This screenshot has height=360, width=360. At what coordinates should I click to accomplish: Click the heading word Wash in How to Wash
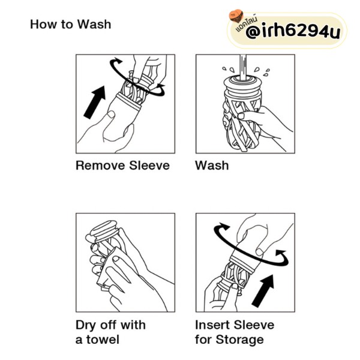pyautogui.click(x=94, y=25)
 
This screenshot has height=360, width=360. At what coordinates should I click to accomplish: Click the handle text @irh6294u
pyautogui.click(x=293, y=31)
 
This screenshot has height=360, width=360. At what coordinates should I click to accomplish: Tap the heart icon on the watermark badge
pyautogui.click(x=236, y=16)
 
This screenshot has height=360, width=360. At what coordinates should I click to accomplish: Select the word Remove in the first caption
pyautogui.click(x=100, y=166)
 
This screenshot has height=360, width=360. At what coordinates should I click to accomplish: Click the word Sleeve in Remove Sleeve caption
pyautogui.click(x=149, y=166)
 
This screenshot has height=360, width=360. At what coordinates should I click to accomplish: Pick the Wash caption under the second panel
pyautogui.click(x=212, y=166)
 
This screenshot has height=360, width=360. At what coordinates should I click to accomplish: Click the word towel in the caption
pyautogui.click(x=103, y=340)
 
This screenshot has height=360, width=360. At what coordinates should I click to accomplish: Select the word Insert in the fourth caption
pyautogui.click(x=212, y=325)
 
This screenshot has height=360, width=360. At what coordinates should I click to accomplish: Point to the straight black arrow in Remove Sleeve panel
pyautogui.click(x=95, y=102)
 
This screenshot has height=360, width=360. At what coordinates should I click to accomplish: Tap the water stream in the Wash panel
pyautogui.click(x=244, y=67)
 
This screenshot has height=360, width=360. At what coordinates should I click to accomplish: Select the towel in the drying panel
pyautogui.click(x=110, y=267)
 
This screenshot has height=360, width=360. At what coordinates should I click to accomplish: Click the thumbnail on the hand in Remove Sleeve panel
pyautogui.click(x=112, y=114)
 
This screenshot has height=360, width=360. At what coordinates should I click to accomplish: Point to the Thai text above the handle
pyautogui.click(x=247, y=23)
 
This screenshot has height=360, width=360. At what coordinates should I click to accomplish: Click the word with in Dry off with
pyautogui.click(x=133, y=325)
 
